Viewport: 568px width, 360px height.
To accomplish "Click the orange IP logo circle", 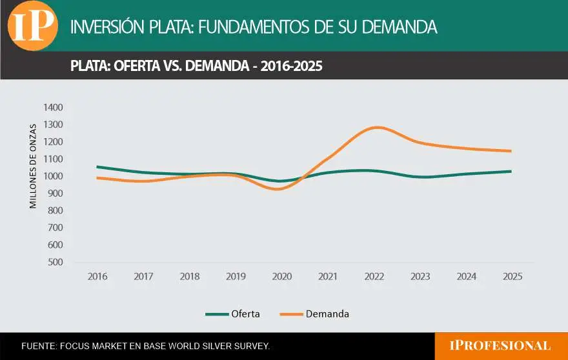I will coord(33,26).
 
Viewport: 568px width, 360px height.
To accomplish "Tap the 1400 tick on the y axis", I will coord(53,107).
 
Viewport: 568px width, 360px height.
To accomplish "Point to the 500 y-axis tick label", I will coord(55,263).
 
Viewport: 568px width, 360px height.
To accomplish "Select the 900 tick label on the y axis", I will coord(55,194).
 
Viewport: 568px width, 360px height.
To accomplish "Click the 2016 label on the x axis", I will coord(97,277).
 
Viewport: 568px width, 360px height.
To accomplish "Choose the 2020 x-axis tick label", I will coord(282,277).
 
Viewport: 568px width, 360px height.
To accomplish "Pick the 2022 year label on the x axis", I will coord(374,277).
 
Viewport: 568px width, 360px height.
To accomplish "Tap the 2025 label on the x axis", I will coord(512,277).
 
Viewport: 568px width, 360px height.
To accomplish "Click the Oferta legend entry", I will coord(233,314).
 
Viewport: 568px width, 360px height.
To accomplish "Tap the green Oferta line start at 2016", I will coord(97,167).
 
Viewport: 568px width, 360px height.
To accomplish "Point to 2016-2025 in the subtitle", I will coord(291,66).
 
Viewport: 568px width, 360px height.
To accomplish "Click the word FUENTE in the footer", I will coord(38,346).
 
